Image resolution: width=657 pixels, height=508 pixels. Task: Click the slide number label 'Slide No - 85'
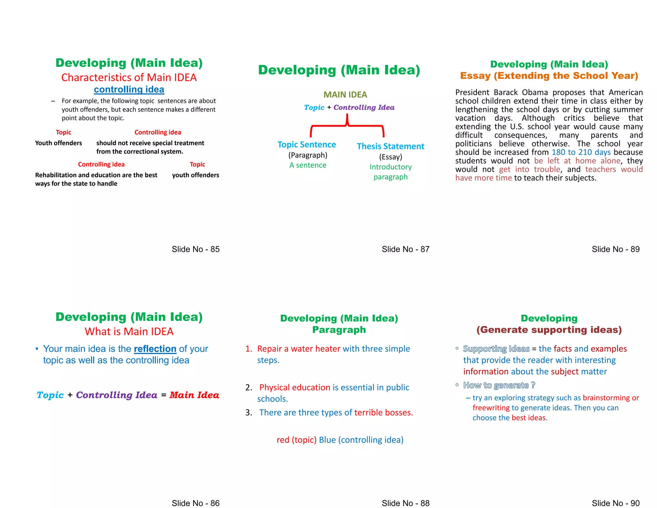(195, 249)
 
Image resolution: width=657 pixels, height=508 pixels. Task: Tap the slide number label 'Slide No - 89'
(615, 249)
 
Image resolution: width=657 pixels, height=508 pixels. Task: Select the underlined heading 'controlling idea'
(129, 89)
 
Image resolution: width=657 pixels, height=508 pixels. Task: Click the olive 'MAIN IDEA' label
(345, 95)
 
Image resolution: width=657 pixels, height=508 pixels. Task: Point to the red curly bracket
(347, 126)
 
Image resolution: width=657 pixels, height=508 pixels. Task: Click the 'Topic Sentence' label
(307, 145)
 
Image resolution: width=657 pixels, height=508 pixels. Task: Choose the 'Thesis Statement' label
(390, 146)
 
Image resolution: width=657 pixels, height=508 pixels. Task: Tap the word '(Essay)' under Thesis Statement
(390, 157)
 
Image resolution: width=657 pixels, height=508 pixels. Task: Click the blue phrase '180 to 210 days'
(581, 152)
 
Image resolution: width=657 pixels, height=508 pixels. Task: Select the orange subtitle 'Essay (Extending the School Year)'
(549, 76)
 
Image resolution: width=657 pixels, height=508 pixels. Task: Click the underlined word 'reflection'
(155, 349)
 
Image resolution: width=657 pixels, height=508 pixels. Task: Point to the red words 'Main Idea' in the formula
(194, 395)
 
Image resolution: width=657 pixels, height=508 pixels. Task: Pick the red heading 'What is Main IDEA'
(129, 331)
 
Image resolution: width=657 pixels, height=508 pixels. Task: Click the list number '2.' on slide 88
(249, 388)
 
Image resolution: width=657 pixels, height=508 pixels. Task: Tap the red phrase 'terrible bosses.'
(383, 413)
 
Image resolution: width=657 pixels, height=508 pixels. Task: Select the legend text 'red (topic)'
(296, 440)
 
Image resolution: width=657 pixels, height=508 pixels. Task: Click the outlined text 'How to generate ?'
(499, 385)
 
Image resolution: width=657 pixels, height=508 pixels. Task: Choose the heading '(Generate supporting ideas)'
(549, 330)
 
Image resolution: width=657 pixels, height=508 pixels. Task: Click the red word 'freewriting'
(491, 408)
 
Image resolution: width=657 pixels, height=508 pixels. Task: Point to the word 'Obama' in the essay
(535, 92)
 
